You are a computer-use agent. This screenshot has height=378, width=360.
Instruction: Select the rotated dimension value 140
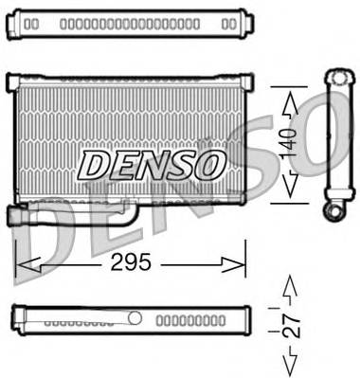295,142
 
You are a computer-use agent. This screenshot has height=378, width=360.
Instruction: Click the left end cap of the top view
19,21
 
